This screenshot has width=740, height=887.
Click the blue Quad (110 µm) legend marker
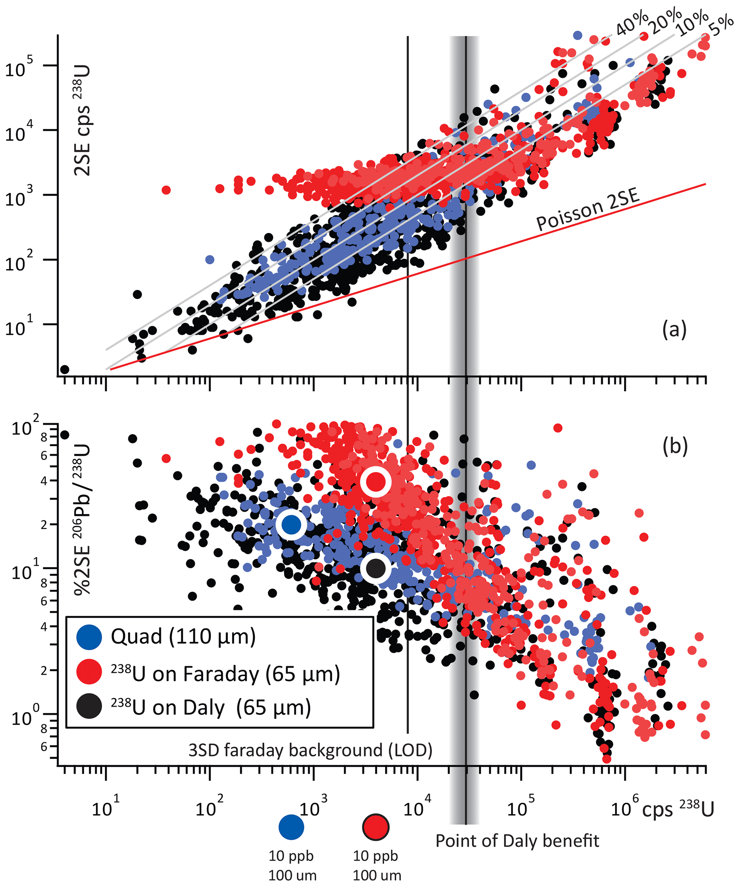pos(89,637)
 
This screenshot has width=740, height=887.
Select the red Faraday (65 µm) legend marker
pos(89,671)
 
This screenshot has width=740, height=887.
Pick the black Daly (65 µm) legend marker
pos(89,706)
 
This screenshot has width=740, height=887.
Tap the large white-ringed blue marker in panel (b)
pos(291,524)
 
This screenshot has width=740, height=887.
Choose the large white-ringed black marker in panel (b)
pos(376,568)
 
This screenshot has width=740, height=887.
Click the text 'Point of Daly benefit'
pos(517,840)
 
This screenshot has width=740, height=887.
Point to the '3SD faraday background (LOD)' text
pos(310,751)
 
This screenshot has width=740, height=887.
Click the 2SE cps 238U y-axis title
pos(82,120)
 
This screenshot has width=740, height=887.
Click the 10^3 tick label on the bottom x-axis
pos(313,808)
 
